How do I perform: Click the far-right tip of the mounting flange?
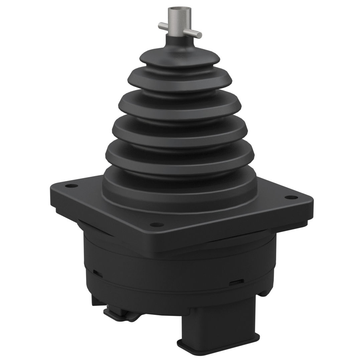coord(313,202)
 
